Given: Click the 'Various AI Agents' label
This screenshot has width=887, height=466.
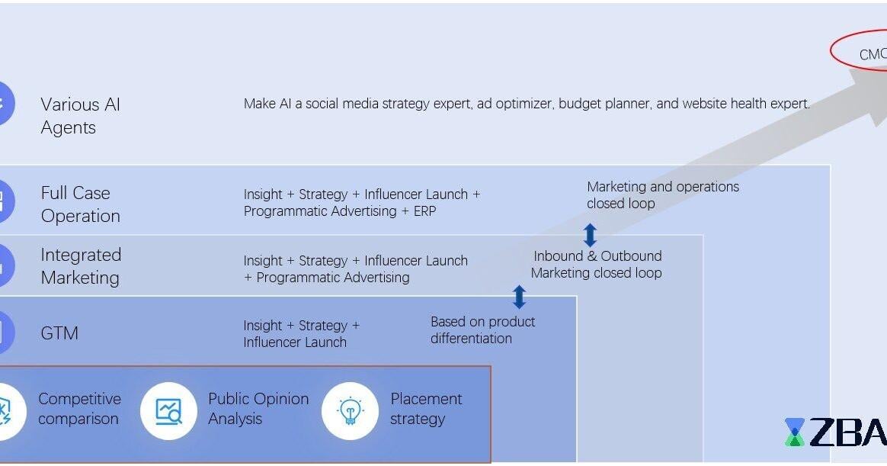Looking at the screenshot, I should pos(80,116).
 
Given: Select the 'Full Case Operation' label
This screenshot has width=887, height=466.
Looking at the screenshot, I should pos(80,204).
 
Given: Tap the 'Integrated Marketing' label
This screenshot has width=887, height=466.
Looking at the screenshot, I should pos(81,266).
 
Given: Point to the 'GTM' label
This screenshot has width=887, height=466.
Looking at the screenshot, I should pos(59,333).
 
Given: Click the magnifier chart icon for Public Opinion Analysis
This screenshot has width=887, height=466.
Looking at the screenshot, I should pos(168,411).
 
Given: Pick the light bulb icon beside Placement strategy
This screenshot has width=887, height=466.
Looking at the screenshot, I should pos(350,411).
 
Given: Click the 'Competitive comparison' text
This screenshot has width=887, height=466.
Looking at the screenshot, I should pos(79,409).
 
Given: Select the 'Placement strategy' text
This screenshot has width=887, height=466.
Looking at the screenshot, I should pos(426,409).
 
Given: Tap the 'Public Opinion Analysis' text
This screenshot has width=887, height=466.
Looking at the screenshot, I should pos(258,409).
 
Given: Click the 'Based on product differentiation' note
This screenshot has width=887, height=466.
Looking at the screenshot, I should pos(482,330).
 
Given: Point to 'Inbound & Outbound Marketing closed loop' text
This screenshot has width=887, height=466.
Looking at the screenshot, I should pos(597,265).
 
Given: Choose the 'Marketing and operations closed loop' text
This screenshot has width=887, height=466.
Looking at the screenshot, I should pos(662,195).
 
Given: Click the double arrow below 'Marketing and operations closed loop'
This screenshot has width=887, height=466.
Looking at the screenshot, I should pos(590,235).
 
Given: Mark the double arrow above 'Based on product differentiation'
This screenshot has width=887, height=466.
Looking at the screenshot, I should pos(519,296).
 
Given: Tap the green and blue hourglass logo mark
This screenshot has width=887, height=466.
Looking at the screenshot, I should pos(795,432).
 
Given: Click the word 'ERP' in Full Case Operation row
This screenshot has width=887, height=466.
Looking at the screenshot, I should pos(424,211).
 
